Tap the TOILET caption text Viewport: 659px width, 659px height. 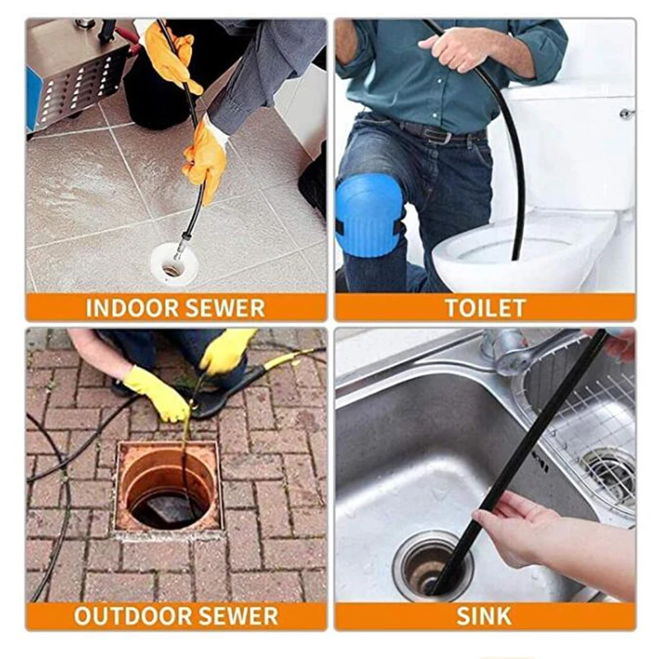[485, 308]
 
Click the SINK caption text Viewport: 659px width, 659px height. [484, 615]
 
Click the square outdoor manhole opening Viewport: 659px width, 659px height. [168, 486]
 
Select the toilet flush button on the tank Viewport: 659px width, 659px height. [627, 113]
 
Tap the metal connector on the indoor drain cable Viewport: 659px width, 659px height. [180, 245]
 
